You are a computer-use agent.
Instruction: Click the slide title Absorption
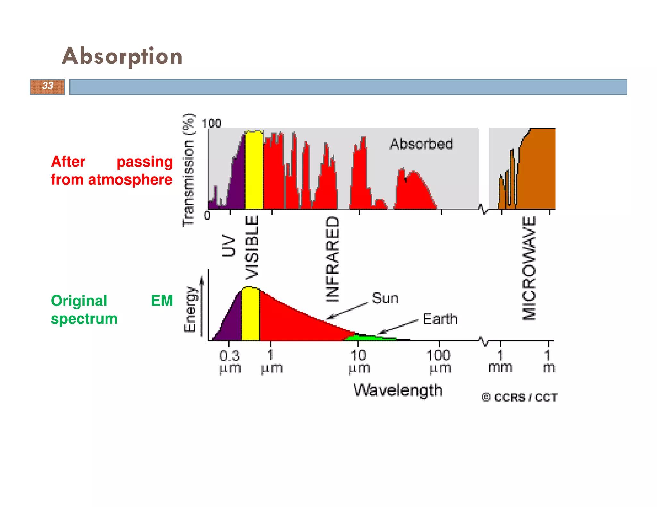(x=122, y=56)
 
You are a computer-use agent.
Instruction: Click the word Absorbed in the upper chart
(x=421, y=144)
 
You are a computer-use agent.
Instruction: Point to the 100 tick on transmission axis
(x=211, y=123)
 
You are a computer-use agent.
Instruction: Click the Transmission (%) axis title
(x=188, y=170)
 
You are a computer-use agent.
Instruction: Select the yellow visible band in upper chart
(x=254, y=170)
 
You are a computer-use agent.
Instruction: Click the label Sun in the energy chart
(x=385, y=298)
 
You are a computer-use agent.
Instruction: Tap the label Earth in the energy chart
(x=440, y=319)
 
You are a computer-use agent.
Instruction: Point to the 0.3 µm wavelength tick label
(x=230, y=362)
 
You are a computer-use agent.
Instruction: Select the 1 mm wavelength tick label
(x=500, y=361)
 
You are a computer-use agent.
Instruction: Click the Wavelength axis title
(x=398, y=390)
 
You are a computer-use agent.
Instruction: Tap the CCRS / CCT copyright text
(x=519, y=397)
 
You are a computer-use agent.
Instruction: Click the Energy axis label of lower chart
(x=190, y=309)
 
